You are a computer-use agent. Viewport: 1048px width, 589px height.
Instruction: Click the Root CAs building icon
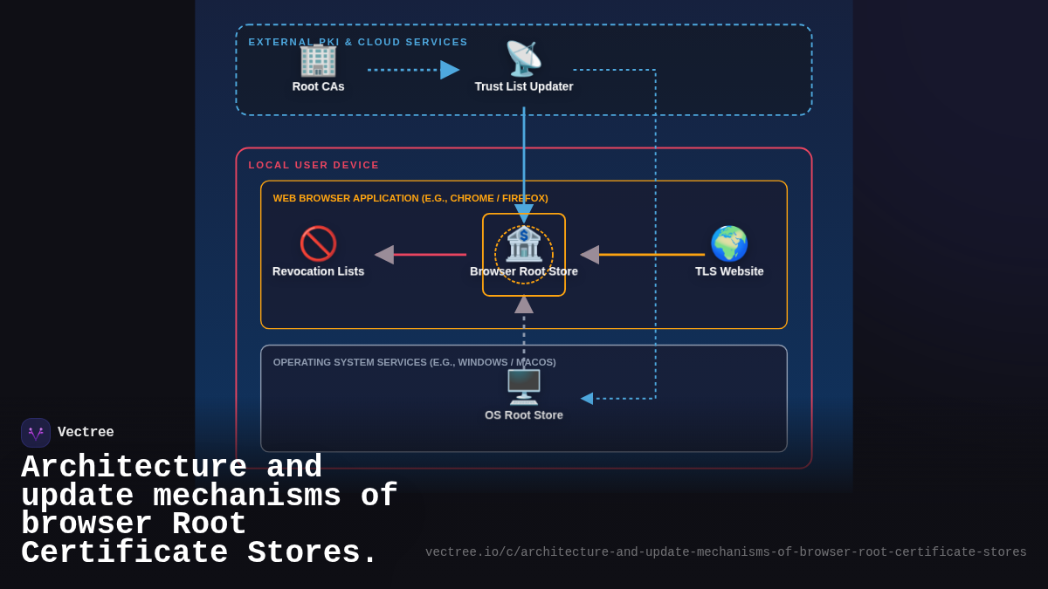pos(318,59)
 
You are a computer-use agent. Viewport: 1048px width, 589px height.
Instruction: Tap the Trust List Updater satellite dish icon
pos(524,59)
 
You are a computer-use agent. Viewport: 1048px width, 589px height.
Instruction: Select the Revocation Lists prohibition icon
pos(318,243)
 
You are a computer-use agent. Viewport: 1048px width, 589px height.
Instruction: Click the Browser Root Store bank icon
pos(524,244)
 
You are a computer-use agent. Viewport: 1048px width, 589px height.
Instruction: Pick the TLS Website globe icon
pos(729,243)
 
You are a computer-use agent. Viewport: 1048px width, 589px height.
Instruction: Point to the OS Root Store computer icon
pos(524,387)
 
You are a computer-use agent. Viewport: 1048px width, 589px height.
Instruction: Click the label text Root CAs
pos(318,86)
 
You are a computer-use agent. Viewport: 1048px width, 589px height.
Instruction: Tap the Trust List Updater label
pos(524,86)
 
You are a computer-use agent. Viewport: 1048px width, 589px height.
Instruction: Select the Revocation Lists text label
pos(318,271)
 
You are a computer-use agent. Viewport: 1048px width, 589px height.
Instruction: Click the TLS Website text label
pos(729,271)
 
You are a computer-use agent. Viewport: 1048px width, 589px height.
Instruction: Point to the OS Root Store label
pos(524,415)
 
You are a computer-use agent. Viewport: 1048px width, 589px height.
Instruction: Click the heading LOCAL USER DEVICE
pos(314,165)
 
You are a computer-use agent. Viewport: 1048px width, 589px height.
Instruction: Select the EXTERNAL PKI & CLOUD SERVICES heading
pos(358,42)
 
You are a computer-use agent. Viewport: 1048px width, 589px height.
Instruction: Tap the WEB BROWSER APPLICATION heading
pos(410,198)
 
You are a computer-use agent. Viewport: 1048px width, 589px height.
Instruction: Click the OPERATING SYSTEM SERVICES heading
pos(414,362)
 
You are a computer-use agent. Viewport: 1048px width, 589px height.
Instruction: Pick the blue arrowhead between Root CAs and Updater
pos(450,70)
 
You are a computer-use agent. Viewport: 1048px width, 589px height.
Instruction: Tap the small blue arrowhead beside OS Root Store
pos(587,399)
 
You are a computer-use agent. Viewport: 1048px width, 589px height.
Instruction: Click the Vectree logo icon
pos(36,433)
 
